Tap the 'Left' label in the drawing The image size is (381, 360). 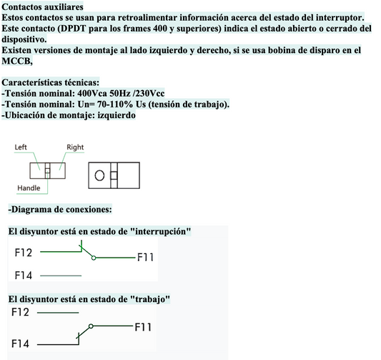[22, 147]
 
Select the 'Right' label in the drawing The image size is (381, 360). [75, 147]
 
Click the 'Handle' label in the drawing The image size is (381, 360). [29, 188]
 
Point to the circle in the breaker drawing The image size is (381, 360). [100, 175]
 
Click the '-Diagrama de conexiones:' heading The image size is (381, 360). [60, 210]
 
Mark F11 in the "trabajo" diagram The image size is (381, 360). [143, 327]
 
